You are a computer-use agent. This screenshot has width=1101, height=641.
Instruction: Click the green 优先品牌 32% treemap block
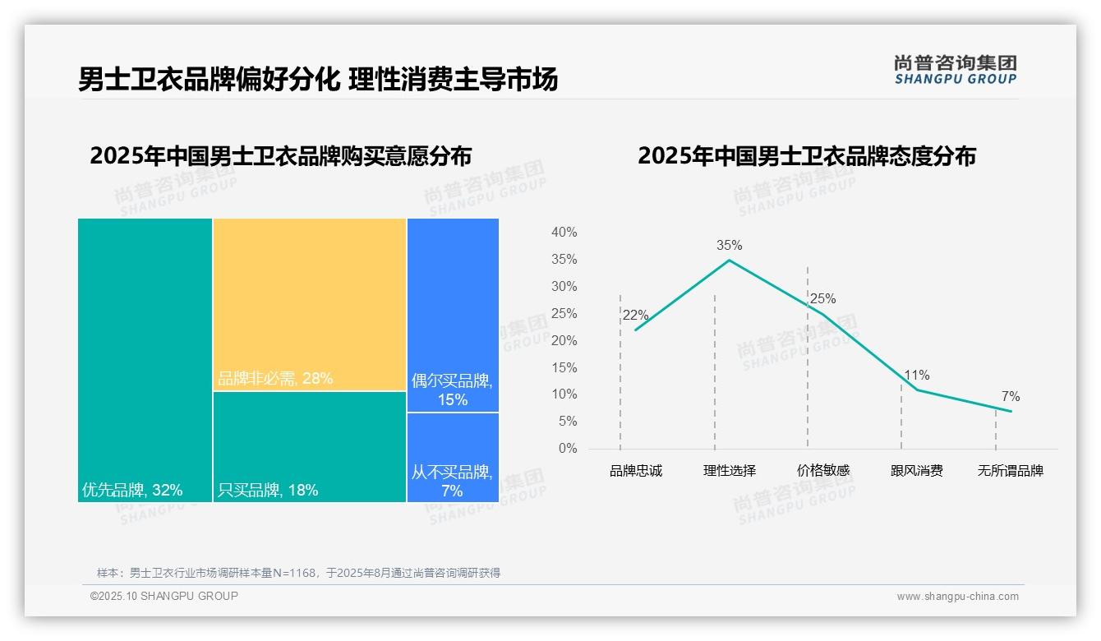click(x=145, y=359)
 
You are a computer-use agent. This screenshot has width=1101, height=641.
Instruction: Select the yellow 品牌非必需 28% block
click(x=310, y=304)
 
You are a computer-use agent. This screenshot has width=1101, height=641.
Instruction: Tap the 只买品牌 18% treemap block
click(x=310, y=446)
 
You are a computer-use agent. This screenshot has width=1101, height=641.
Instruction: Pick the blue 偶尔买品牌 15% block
click(x=453, y=315)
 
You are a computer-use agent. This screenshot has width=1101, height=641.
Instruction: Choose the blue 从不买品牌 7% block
click(x=453, y=457)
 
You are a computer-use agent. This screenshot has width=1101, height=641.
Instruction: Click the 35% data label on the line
click(x=729, y=245)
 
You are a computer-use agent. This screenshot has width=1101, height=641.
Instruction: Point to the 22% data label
click(x=635, y=316)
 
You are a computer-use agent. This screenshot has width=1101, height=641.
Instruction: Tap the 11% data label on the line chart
click(x=916, y=376)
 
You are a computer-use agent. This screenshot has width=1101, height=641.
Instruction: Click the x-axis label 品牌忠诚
click(x=635, y=471)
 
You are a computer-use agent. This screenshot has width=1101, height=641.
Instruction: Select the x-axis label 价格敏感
click(x=822, y=471)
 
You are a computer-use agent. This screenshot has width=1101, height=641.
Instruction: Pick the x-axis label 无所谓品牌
click(x=1010, y=471)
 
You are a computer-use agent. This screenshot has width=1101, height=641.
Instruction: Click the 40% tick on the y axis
click(x=564, y=233)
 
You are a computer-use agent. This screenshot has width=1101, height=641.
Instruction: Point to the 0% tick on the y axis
click(x=568, y=449)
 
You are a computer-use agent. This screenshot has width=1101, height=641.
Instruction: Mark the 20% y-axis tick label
click(x=564, y=340)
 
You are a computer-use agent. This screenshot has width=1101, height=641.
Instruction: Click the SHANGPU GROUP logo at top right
click(x=955, y=70)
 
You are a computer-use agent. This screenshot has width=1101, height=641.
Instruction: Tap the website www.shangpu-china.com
click(x=957, y=597)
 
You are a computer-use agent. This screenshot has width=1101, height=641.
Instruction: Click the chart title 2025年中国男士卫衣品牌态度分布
click(x=806, y=156)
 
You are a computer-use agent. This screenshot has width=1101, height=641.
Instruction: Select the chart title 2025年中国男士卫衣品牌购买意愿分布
click(x=280, y=156)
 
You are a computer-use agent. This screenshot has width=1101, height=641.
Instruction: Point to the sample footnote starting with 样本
click(x=298, y=573)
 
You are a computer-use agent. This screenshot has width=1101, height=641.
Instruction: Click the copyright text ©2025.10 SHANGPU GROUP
click(x=164, y=596)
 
